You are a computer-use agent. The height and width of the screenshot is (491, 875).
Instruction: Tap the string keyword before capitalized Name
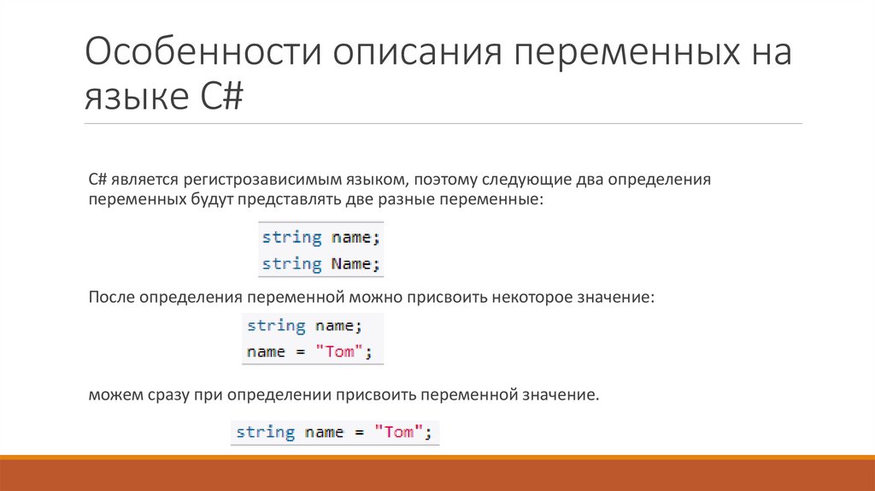[291, 263]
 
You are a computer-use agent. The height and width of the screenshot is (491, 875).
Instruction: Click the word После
[111, 298]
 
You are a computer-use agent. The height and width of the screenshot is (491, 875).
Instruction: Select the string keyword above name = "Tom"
[276, 326]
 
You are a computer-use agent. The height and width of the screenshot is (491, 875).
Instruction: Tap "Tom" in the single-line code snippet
[398, 432]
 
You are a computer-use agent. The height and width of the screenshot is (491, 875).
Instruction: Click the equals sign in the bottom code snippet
[359, 432]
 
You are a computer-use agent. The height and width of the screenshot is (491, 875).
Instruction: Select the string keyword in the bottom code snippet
[265, 432]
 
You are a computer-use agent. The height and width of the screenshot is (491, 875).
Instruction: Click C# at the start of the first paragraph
[97, 181]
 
